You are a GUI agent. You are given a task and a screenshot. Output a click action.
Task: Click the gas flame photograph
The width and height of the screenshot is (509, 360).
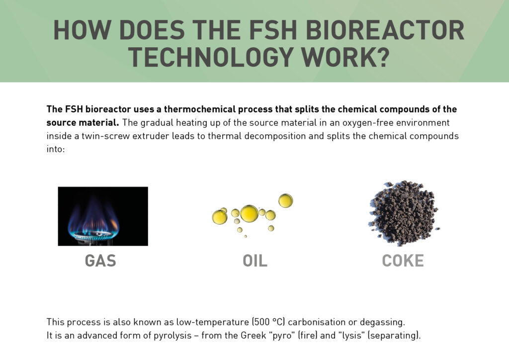point(103,216)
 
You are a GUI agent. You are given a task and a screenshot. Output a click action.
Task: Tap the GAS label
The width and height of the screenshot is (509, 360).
point(100,261)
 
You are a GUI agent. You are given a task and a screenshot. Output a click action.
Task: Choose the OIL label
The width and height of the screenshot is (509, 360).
point(254,261)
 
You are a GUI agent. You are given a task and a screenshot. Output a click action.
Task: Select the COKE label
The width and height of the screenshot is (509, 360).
point(403,261)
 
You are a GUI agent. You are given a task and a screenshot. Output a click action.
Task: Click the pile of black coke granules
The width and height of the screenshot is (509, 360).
point(403,213)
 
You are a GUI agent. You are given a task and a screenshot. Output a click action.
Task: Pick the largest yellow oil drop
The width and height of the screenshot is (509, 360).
point(249,213)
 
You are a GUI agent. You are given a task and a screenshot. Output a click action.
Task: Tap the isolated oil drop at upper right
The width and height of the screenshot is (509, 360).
point(285,201)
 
